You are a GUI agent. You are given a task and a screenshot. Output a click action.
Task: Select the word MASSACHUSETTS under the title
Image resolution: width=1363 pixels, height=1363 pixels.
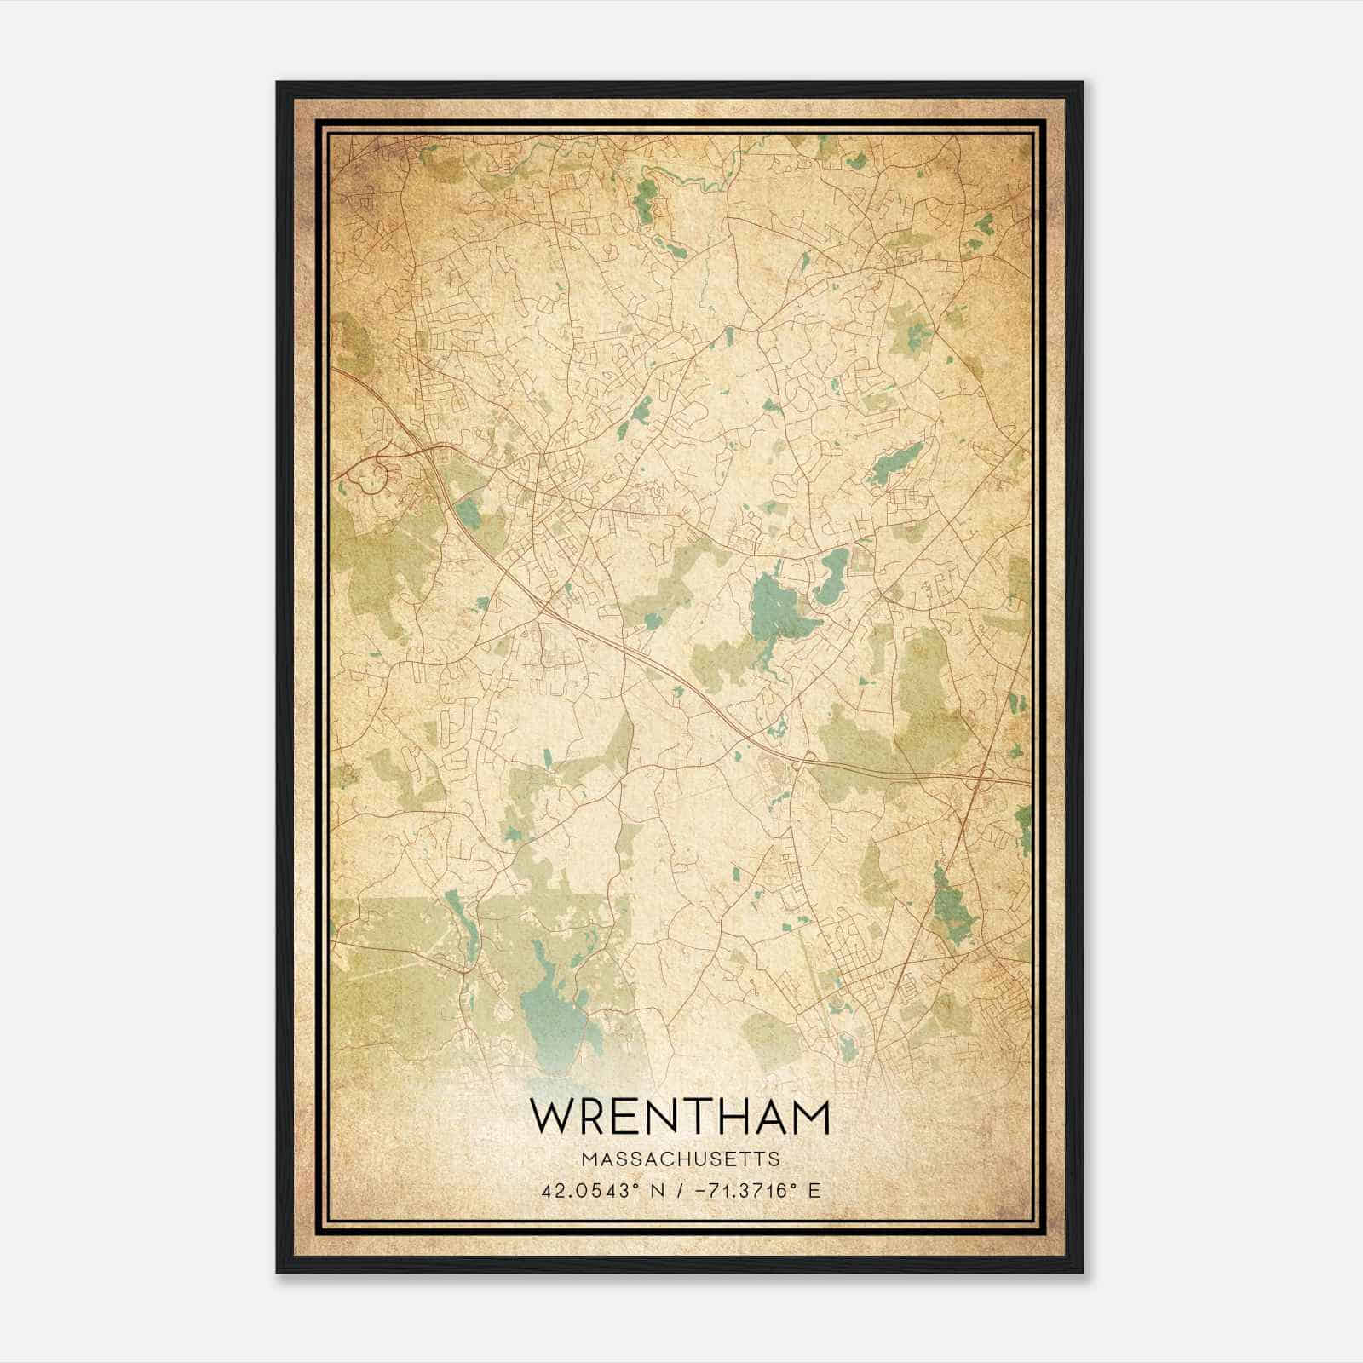pos(680,1159)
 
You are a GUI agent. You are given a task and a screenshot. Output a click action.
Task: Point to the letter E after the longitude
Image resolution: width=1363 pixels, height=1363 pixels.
pos(815,1190)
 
